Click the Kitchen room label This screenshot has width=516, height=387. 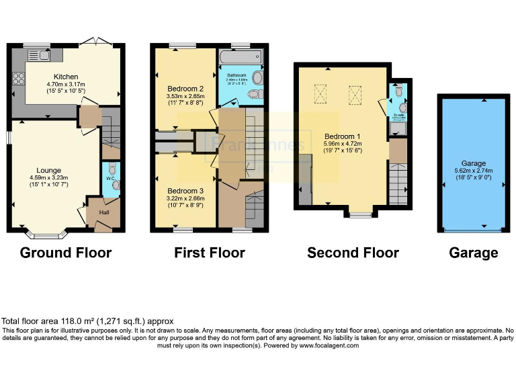click(66, 77)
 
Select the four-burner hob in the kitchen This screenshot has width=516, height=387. click(19, 79)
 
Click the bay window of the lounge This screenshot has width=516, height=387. click(46, 235)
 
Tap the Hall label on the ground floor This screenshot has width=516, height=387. click(105, 213)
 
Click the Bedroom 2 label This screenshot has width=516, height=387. click(185, 89)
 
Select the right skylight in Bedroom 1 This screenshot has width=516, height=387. click(355, 95)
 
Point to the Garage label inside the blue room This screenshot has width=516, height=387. click(473, 163)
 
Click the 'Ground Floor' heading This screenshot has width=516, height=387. click(66, 253)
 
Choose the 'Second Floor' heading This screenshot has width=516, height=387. click(353, 253)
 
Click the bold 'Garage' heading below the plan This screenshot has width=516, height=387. click(474, 253)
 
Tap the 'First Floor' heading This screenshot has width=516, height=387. click(209, 253)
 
